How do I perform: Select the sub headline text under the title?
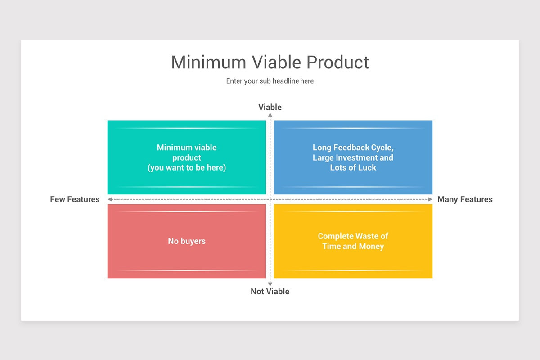tap(270, 81)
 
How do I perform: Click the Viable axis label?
tap(270, 107)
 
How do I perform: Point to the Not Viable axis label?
tap(270, 291)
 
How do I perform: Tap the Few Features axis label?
tap(75, 199)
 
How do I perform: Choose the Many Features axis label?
tap(465, 199)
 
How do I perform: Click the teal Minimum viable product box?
tap(187, 135)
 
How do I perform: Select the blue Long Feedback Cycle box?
tap(353, 135)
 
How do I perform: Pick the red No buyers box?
tap(187, 256)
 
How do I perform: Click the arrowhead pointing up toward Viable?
tap(270, 115)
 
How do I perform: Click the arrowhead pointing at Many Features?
tap(430, 199)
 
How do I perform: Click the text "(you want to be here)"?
tap(187, 168)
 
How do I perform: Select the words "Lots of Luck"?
tap(353, 168)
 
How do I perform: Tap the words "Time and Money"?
tap(353, 246)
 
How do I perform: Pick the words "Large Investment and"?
tap(353, 157)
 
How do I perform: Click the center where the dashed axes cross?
tap(270, 199)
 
